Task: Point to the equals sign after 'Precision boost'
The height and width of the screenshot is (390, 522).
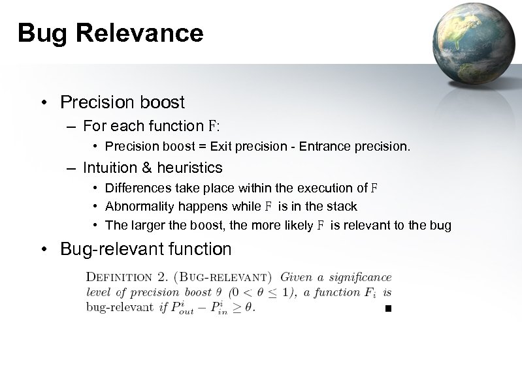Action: pos(203,147)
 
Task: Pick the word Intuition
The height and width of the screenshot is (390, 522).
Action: pos(108,168)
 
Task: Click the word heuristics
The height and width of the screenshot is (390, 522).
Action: pos(188,168)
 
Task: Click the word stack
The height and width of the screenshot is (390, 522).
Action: pos(342,207)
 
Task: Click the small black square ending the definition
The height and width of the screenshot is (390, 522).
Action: pos(388,308)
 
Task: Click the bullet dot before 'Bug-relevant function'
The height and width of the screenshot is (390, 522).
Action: pos(44,249)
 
